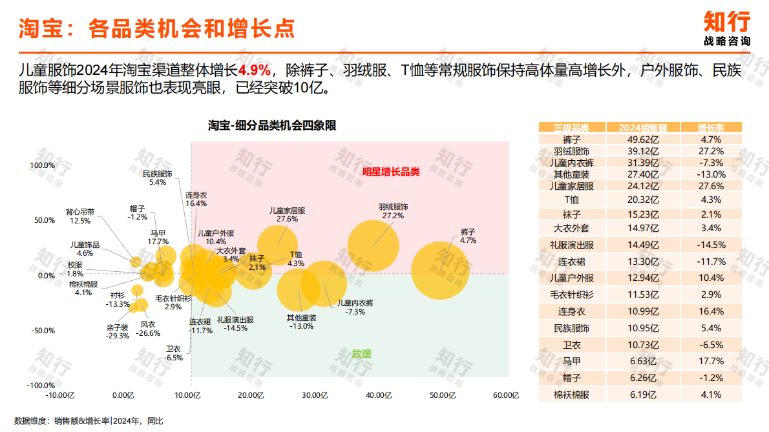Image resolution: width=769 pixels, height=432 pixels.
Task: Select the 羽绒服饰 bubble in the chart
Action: click(373, 246)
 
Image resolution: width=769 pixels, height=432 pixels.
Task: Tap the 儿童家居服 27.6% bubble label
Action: click(287, 215)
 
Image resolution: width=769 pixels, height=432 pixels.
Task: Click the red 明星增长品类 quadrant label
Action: click(391, 172)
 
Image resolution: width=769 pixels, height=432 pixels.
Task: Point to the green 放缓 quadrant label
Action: click(362, 354)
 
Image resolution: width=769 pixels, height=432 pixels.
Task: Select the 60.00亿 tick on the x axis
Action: click(506, 395)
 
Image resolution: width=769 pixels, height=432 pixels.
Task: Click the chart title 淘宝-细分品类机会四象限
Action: click(272, 125)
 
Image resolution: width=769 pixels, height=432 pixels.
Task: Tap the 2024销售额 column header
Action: click(643, 127)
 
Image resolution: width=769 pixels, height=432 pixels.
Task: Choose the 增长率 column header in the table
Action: click(710, 127)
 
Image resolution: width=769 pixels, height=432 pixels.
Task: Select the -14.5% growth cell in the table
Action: click(710, 245)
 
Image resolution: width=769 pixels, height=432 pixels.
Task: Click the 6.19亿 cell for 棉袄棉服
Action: click(643, 395)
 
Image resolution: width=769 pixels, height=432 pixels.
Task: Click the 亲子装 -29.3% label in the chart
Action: click(118, 331)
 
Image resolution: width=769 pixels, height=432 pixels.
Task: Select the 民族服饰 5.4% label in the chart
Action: click(158, 178)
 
